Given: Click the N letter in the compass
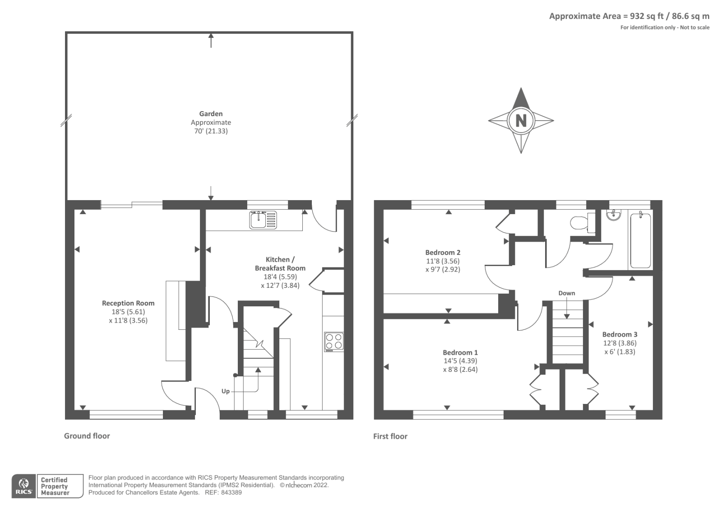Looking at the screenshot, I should (521, 121).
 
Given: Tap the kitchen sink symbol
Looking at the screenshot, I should (263, 220).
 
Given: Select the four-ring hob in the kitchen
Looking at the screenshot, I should (334, 342).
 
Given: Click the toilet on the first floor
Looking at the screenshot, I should (580, 223).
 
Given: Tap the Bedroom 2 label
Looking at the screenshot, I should (443, 253).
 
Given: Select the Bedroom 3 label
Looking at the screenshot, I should (620, 334).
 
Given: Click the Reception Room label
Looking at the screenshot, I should (128, 303).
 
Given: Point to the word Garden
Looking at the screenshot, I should (211, 114).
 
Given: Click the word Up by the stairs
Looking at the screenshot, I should (226, 391).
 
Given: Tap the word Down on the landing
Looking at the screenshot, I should (566, 293).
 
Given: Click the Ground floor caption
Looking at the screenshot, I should (87, 436).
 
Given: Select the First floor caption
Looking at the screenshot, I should (390, 436).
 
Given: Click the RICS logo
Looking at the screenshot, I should (23, 486).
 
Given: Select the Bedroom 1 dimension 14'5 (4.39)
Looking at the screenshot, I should (460, 361).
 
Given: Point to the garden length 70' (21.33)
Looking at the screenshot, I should (211, 131).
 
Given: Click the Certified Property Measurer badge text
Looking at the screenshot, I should (54, 487).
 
